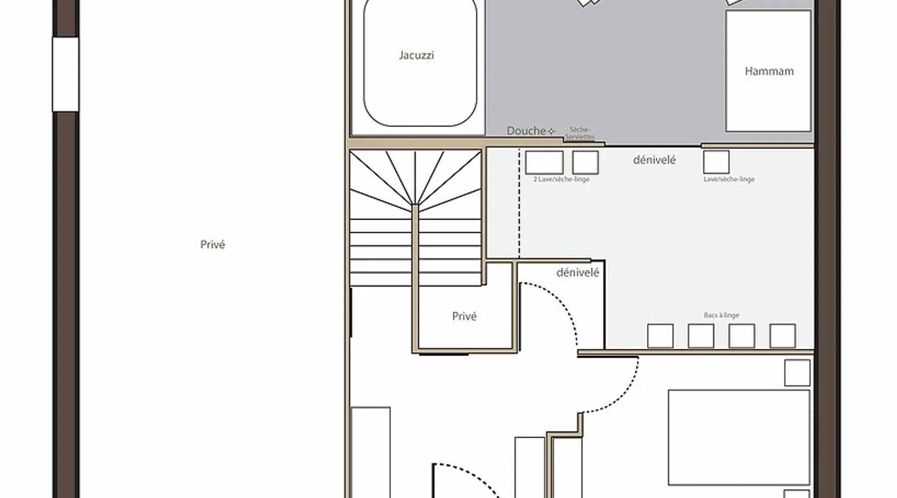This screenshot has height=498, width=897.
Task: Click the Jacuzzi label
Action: pyautogui.click(x=416, y=55)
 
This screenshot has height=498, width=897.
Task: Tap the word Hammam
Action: pyautogui.click(x=769, y=71)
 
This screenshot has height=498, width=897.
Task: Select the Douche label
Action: pyautogui.click(x=526, y=131)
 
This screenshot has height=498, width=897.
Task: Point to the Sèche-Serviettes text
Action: pyautogui.click(x=580, y=133)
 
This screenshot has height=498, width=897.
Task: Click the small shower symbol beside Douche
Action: pyautogui.click(x=552, y=131)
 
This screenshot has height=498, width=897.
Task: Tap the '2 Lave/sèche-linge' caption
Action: pyautogui.click(x=561, y=179)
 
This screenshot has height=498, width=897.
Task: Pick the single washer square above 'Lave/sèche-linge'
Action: pyautogui.click(x=716, y=162)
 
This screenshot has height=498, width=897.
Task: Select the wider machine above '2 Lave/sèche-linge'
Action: pyautogui.click(x=544, y=162)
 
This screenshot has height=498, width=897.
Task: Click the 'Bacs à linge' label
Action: pyautogui.click(x=721, y=315)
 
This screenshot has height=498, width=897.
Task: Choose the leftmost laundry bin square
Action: pyautogui.click(x=660, y=336)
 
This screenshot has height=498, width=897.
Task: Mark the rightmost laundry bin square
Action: pyautogui.click(x=782, y=336)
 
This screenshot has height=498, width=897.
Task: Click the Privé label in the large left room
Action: pyautogui.click(x=213, y=245)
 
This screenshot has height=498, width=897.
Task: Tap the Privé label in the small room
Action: pyautogui.click(x=464, y=316)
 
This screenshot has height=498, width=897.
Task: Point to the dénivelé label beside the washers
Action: pyautogui.click(x=654, y=160)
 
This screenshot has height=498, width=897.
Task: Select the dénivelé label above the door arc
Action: pyautogui.click(x=578, y=272)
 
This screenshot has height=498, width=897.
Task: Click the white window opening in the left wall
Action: pyautogui.click(x=65, y=74)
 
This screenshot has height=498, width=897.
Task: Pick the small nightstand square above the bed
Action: pyautogui.click(x=797, y=373)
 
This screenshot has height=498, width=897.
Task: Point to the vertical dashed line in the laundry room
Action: pyautogui.click(x=519, y=203)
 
